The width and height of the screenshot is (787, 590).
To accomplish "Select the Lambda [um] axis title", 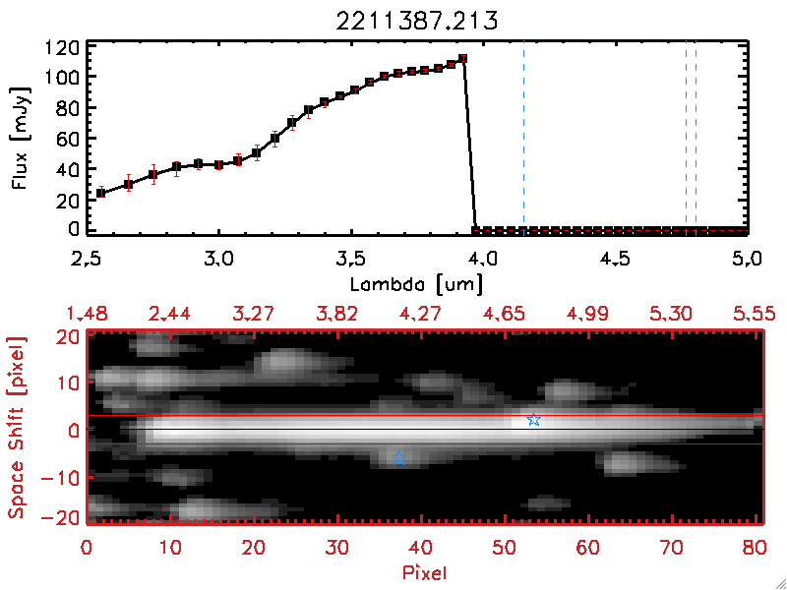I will [420, 285].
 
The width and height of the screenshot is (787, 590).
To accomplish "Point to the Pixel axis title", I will [426, 570].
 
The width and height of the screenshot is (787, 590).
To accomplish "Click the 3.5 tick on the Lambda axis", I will [350, 260].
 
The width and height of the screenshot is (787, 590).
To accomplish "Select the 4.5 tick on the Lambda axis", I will [616, 260].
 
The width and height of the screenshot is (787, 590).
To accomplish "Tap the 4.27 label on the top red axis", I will [426, 314].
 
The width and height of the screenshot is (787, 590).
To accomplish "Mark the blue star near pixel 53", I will [533, 420].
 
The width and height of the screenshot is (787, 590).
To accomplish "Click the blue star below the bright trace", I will [399, 459].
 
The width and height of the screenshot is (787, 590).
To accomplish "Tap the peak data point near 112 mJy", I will [462, 59].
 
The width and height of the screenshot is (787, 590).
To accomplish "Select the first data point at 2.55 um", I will [100, 193].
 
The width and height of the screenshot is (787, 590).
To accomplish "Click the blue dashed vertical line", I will [523, 138].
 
